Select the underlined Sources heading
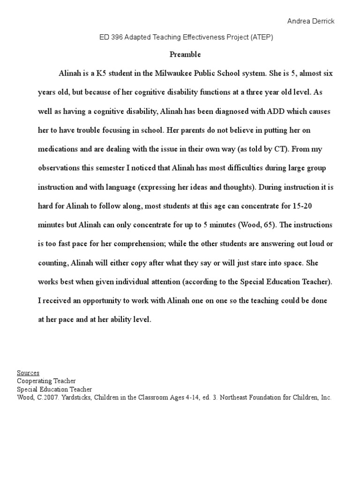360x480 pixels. click(x=28, y=373)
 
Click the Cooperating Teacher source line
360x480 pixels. click(x=46, y=381)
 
